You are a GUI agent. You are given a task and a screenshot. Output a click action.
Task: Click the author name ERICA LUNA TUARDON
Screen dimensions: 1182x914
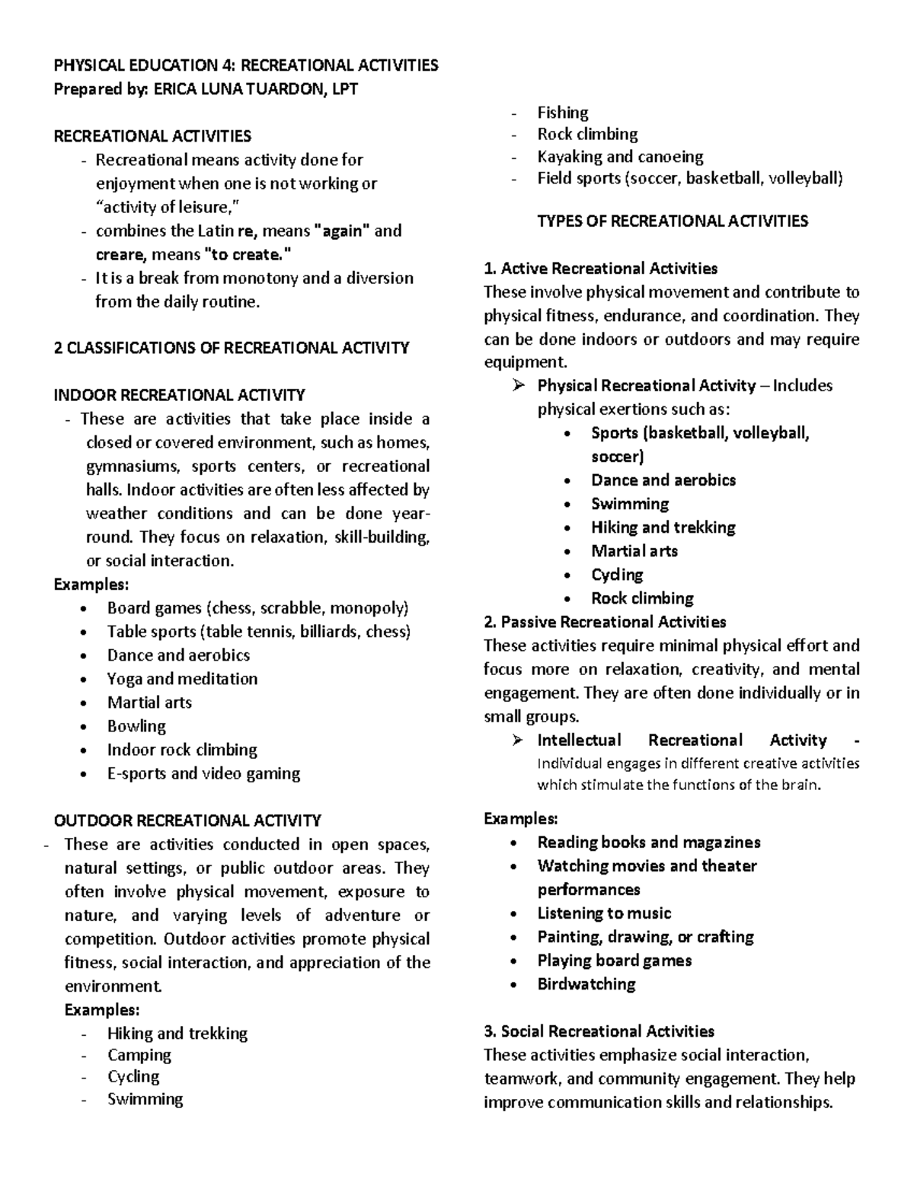pos(238,89)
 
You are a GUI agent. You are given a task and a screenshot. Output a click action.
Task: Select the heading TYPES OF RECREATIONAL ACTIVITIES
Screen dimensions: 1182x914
pos(672,221)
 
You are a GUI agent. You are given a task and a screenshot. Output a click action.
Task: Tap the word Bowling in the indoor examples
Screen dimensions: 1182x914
pos(136,726)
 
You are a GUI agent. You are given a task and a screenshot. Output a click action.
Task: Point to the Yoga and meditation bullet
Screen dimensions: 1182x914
pos(182,679)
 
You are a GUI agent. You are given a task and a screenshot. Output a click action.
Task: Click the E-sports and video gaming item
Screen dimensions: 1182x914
pos(203,773)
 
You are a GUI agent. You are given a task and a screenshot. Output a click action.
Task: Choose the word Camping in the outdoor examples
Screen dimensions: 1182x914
pos(139,1055)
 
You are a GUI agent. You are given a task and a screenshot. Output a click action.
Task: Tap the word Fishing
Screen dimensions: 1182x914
pos(562,113)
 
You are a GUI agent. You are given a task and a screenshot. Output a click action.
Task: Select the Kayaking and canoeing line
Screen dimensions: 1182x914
pos(620,157)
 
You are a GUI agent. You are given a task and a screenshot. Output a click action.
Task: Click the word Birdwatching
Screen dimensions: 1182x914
pos(586,984)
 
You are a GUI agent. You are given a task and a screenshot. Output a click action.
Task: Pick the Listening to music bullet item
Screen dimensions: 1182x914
pos(604,913)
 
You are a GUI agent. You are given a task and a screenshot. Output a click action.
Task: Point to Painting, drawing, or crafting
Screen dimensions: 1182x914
pos(645,937)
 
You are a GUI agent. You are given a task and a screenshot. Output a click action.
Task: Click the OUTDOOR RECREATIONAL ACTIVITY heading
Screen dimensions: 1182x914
pos(187,820)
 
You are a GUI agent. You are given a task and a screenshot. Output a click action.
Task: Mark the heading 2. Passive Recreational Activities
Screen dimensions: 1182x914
pos(605,622)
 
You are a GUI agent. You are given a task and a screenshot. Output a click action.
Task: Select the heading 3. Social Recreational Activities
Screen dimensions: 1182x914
pos(599,1031)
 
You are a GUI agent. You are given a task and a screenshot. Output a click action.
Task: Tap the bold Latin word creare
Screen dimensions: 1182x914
pos(119,255)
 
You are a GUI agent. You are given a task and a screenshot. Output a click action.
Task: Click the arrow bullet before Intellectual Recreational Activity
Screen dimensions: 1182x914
pos(519,741)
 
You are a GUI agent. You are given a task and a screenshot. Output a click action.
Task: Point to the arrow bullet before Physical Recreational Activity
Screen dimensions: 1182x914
pos(519,386)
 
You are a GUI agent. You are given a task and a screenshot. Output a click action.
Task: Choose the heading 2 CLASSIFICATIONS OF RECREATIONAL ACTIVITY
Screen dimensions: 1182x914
pos(232,348)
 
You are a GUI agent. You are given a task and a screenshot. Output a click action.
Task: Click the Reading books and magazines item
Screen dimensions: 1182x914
pos(648,843)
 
